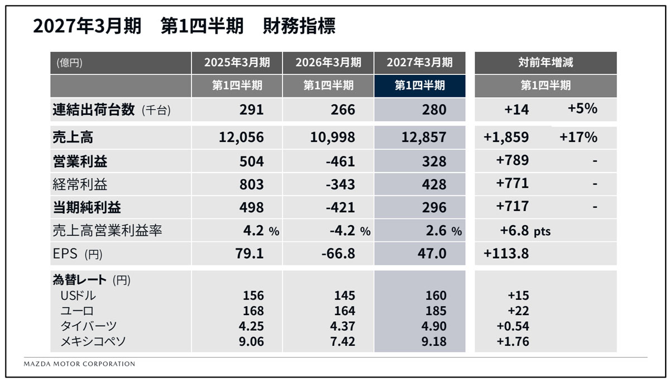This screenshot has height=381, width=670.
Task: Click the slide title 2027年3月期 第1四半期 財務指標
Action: [184, 26]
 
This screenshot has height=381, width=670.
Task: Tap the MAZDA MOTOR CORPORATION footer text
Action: [79, 364]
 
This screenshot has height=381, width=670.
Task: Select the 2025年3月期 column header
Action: [237, 63]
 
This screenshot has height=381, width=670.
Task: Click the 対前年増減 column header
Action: [545, 63]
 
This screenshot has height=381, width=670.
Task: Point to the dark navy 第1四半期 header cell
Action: [420, 85]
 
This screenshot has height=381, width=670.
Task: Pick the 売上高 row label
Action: [73, 137]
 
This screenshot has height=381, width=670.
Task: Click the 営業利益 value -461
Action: [340, 161]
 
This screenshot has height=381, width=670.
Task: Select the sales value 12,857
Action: [424, 137]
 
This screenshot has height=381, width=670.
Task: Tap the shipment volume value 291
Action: [251, 109]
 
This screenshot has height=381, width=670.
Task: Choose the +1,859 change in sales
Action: [506, 137]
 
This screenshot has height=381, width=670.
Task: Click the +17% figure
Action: [578, 137]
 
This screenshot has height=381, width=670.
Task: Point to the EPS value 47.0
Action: [432, 254]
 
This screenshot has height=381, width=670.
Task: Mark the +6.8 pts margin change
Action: [525, 231]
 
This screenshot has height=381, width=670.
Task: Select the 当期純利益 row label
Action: [87, 207]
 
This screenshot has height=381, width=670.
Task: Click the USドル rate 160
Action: [436, 296]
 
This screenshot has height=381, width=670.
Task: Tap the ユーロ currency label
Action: [77, 311]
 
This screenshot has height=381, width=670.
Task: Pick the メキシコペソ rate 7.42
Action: [342, 341]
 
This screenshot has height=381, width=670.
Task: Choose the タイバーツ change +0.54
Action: [513, 326]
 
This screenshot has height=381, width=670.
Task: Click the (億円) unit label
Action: [69, 63]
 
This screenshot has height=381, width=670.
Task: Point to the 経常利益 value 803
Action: [251, 184]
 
